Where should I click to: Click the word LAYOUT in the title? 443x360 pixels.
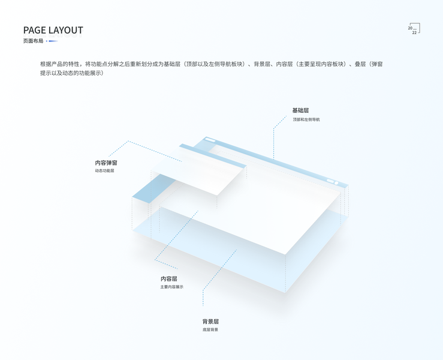(x=66, y=30)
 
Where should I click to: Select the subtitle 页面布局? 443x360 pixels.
(x=33, y=41)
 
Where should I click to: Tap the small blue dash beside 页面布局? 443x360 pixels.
(x=53, y=41)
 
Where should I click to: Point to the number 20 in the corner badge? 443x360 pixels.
(x=410, y=28)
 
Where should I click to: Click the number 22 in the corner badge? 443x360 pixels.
(x=414, y=32)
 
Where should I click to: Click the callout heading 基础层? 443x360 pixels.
(x=300, y=110)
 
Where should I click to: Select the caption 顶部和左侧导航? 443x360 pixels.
(x=306, y=119)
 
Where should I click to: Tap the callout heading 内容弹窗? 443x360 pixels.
(x=106, y=163)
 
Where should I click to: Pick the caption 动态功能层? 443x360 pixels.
(x=104, y=171)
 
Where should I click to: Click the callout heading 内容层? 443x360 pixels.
(x=168, y=279)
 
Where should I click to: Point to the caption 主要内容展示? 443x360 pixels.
(x=171, y=287)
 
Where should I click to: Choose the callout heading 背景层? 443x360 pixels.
(x=210, y=322)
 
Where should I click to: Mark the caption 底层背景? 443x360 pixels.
(x=210, y=329)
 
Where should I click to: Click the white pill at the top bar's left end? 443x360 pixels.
(x=210, y=140)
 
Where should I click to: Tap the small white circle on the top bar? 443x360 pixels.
(x=336, y=183)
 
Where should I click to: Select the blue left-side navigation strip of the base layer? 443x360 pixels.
(x=146, y=191)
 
